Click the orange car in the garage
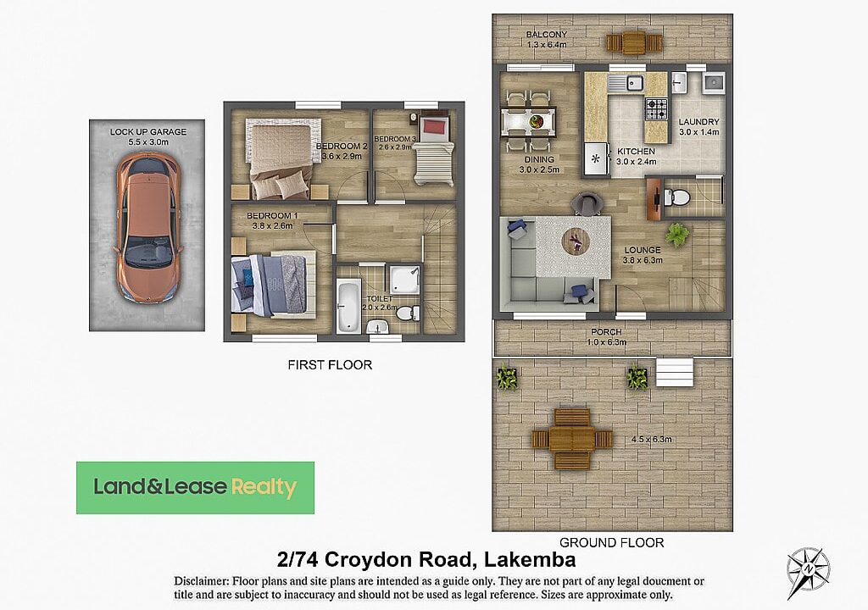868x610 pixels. coord(147,228)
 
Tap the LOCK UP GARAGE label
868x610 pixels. coord(147,131)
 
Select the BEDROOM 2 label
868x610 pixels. coord(342,146)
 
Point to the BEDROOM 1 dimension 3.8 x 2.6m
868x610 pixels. coord(272,226)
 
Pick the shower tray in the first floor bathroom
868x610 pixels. coord(404,280)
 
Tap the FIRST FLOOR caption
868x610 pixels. coord(330,365)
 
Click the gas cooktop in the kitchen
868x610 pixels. coord(657,109)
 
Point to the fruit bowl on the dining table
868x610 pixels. coord(535,121)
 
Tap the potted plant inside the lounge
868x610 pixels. coord(676,235)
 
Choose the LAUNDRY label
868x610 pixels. coord(698,122)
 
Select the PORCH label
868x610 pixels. coord(606,332)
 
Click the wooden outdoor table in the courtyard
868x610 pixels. coord(572,439)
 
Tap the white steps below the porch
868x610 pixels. coord(675,372)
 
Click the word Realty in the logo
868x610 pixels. coord(264,487)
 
